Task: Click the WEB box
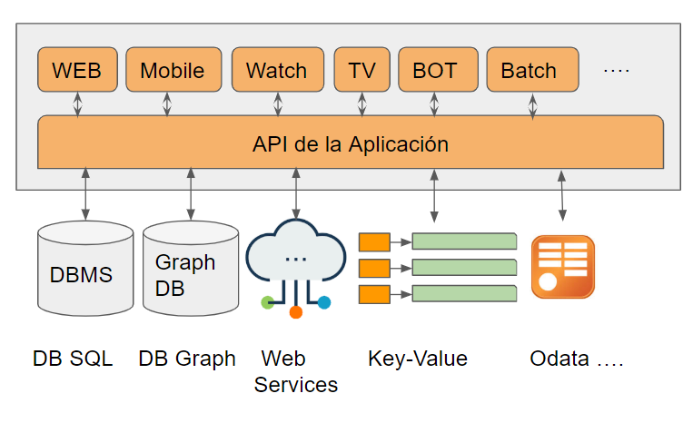77,70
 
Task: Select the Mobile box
172,70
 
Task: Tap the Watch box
276,70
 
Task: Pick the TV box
361,70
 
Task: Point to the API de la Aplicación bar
350,143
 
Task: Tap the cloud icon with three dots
296,258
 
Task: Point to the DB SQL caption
73,359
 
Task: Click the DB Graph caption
187,359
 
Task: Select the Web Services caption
296,371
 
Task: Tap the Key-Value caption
418,359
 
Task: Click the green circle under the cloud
266,302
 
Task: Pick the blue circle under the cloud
324,302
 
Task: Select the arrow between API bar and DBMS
85,193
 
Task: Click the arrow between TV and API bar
361,103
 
